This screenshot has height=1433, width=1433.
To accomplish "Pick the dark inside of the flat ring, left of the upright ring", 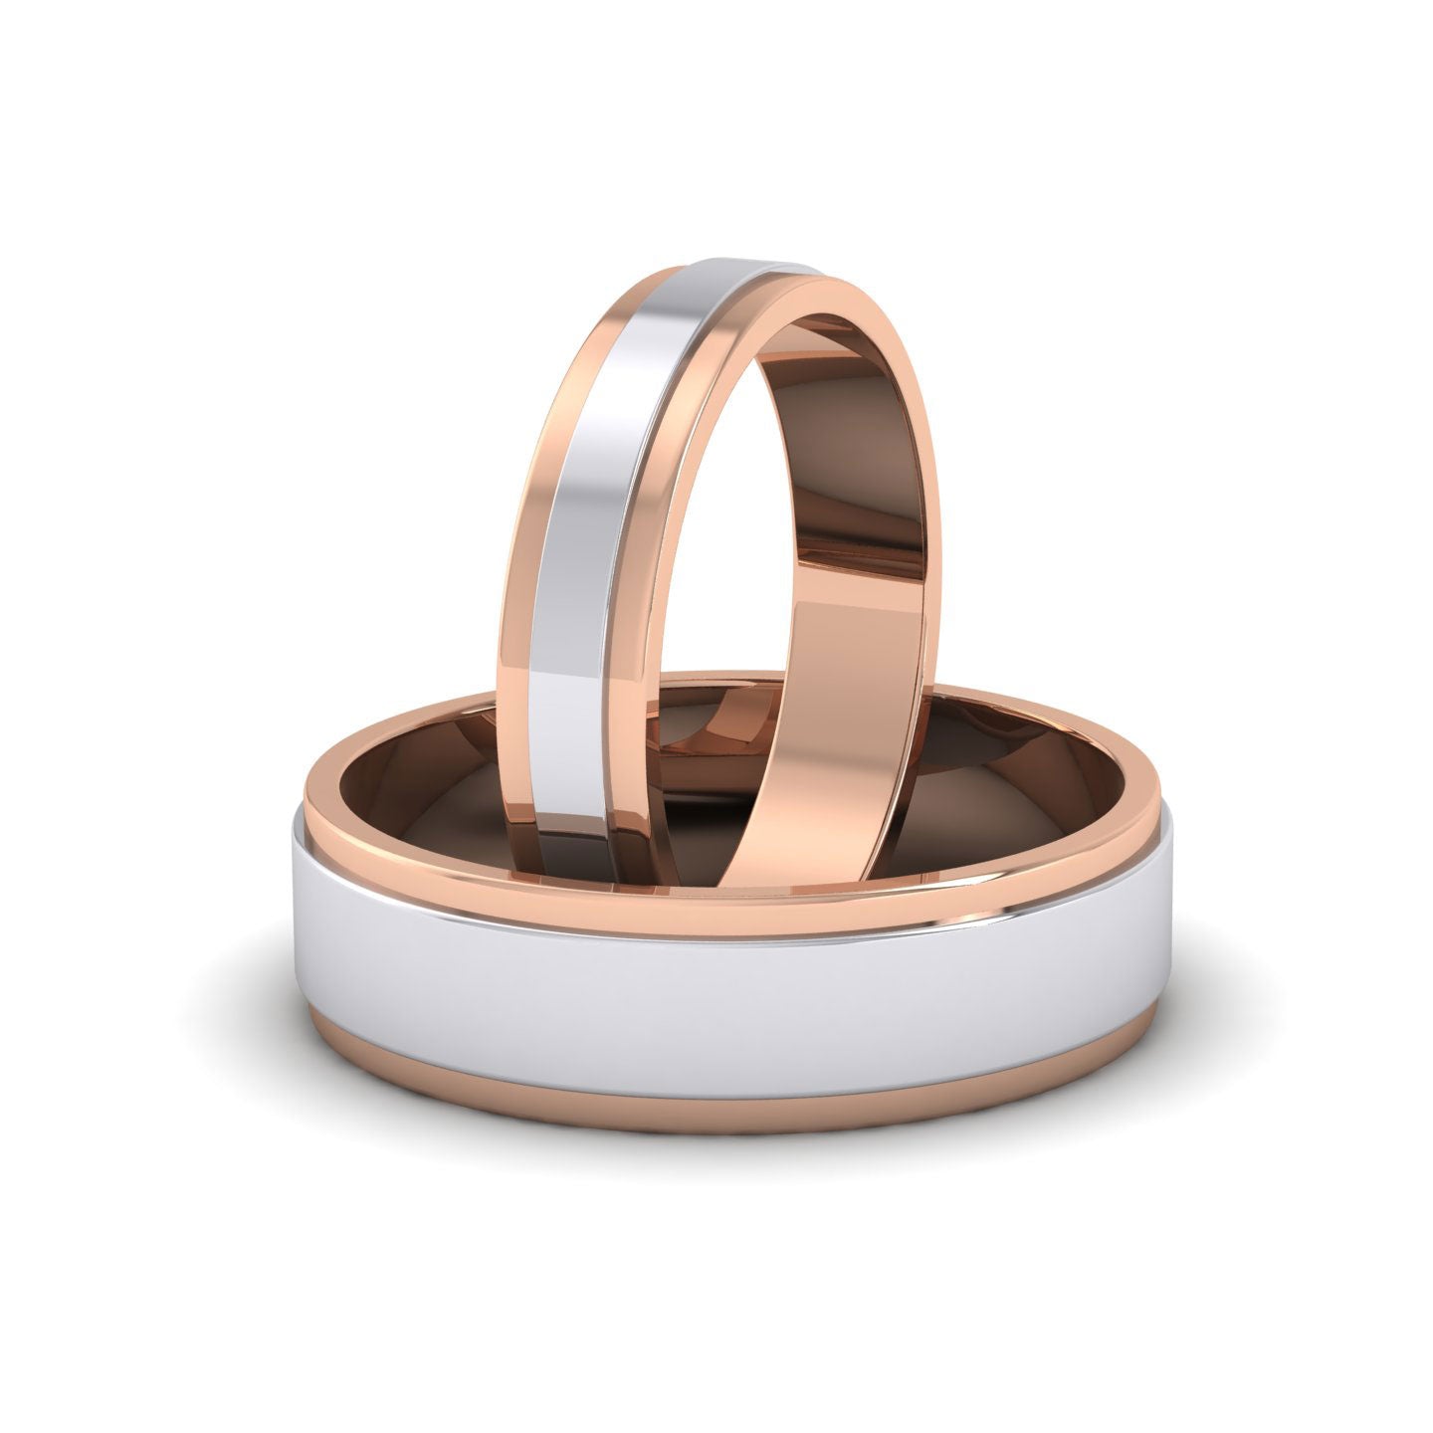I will (438, 786).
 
